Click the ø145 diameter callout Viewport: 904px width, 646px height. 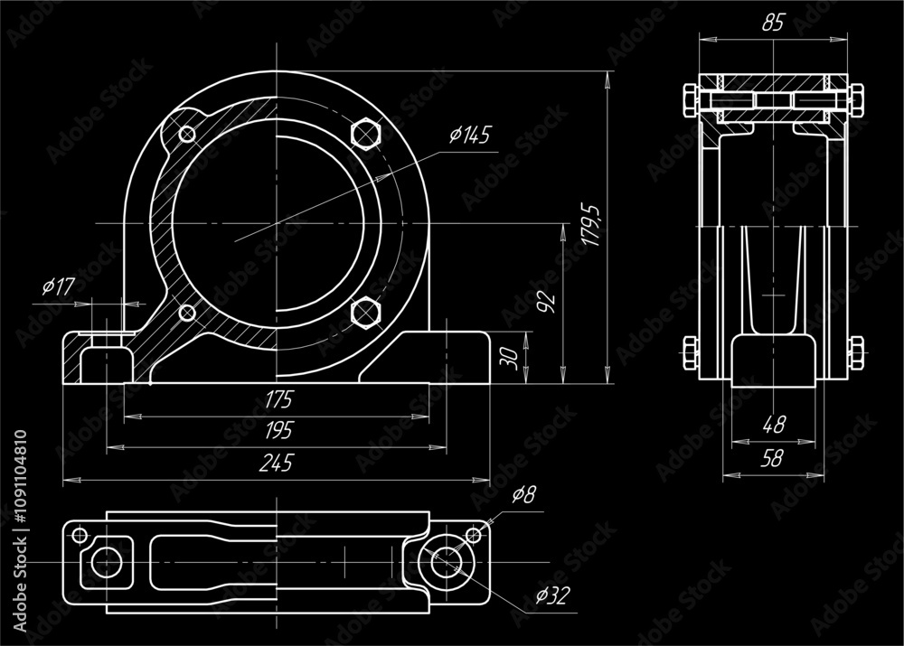click(x=469, y=136)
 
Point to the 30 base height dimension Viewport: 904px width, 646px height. click(x=510, y=359)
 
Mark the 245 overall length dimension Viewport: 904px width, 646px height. click(x=276, y=463)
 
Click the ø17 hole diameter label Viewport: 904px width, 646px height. click(x=58, y=287)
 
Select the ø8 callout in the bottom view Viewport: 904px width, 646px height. click(x=523, y=495)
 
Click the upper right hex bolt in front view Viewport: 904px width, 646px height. click(x=364, y=133)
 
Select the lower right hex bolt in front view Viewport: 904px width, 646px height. click(x=364, y=313)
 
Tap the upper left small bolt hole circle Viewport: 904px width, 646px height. click(x=187, y=134)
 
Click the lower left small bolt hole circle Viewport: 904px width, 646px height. click(x=187, y=313)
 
